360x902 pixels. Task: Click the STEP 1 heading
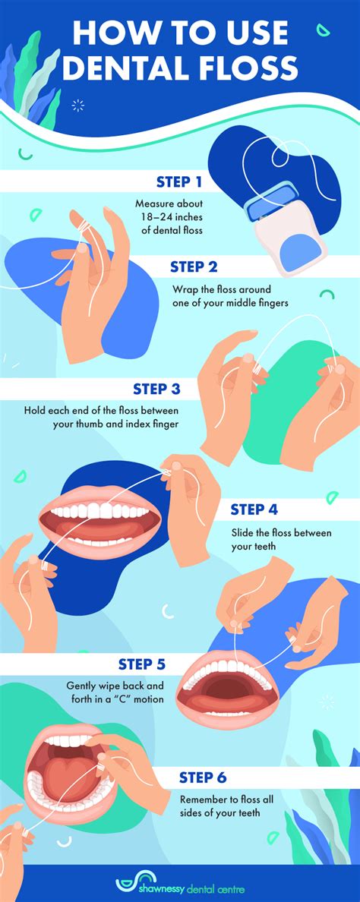click(x=178, y=181)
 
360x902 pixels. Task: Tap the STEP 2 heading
click(x=194, y=266)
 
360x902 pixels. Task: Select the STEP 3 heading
click(x=156, y=389)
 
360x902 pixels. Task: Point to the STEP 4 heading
click(x=258, y=509)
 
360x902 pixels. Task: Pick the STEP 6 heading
click(x=203, y=777)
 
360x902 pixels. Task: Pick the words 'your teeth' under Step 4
click(x=254, y=546)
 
